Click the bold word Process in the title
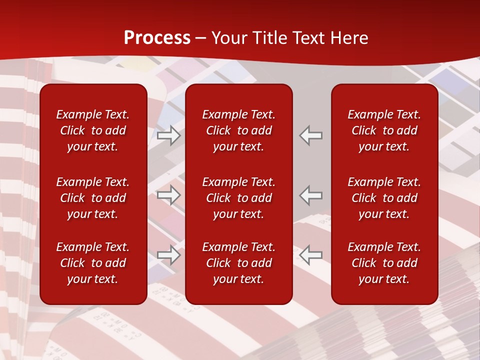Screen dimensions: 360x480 pos(157,38)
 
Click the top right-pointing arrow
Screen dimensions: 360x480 pos(169,135)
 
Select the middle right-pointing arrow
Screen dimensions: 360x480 pos(169,195)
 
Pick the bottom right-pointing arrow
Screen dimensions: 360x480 pos(169,255)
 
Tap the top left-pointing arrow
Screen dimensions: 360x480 pos(311,135)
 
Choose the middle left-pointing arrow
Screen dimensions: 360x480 pos(311,195)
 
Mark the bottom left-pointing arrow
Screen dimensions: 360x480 pos(311,255)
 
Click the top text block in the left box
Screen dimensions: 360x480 pos(93,130)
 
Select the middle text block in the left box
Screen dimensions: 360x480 pos(93,198)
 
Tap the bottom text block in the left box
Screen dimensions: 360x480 pos(93,263)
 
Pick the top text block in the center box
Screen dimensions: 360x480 pos(238,130)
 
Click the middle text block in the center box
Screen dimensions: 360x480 pos(238,198)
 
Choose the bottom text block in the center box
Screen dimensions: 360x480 pos(238,263)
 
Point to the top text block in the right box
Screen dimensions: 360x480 pos(384,130)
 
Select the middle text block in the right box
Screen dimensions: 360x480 pos(384,198)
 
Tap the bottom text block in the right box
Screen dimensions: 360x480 pos(384,263)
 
